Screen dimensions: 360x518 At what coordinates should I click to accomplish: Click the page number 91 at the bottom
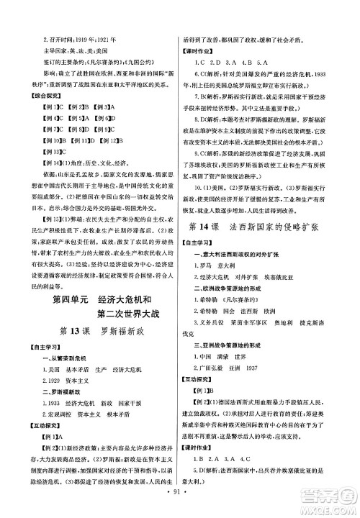click(x=179, y=508)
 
